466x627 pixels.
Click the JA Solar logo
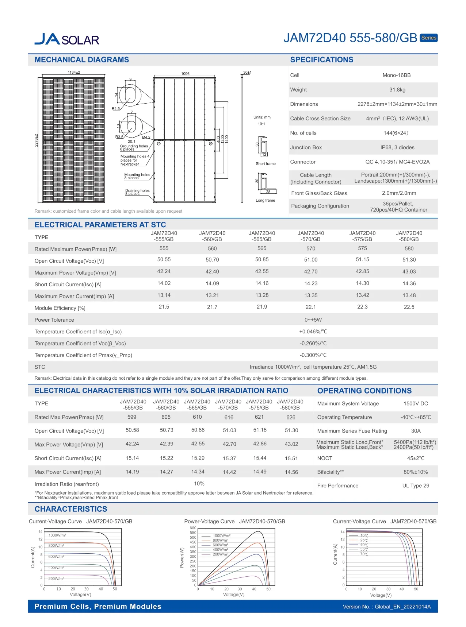tap(67, 39)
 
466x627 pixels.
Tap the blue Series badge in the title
tap(428, 38)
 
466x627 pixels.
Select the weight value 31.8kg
tap(397, 90)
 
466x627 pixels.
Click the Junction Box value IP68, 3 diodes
tap(397, 147)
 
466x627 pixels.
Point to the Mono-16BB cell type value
tap(396, 75)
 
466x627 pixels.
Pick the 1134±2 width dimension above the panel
tap(74, 73)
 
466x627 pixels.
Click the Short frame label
tap(266, 164)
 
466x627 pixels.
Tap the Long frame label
tap(265, 201)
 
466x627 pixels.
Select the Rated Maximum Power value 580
tap(409, 248)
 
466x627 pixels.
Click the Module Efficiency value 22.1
tap(310, 307)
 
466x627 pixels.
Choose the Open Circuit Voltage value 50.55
tap(164, 260)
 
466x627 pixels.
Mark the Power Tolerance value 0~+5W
tap(313, 320)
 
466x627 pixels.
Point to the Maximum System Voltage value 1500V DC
tap(416, 404)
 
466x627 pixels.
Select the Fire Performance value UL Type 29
tap(416, 486)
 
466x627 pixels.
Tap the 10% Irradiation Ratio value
tap(199, 484)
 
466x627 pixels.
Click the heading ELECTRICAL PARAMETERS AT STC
tap(100, 225)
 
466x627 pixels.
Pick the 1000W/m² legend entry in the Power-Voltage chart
tap(221, 536)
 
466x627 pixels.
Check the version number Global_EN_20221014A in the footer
tap(387, 607)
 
